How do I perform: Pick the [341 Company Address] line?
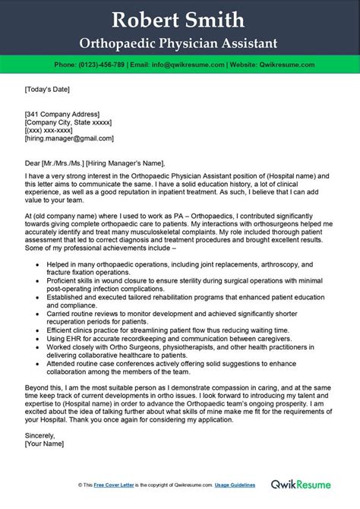64,113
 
